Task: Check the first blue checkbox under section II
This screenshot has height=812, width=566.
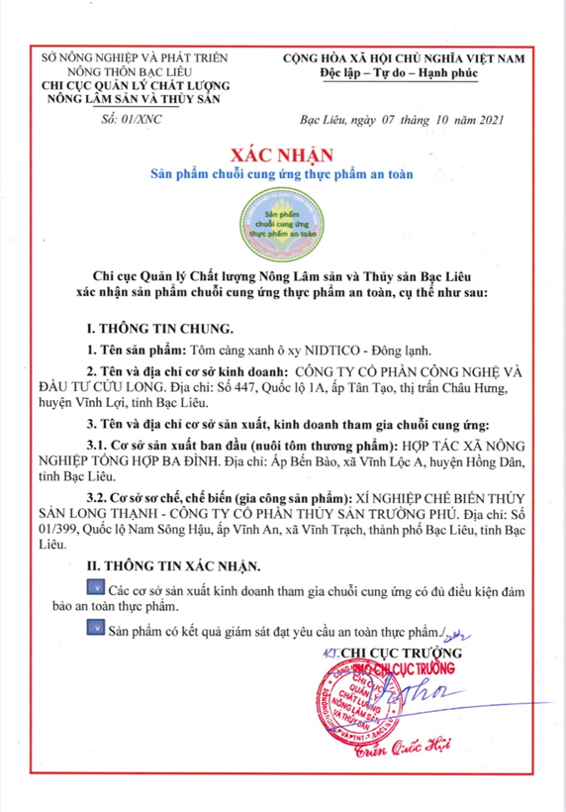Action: tap(95, 591)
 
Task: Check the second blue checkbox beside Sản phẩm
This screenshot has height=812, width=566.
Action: tap(95, 627)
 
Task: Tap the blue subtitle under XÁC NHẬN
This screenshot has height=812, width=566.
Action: tap(283, 174)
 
